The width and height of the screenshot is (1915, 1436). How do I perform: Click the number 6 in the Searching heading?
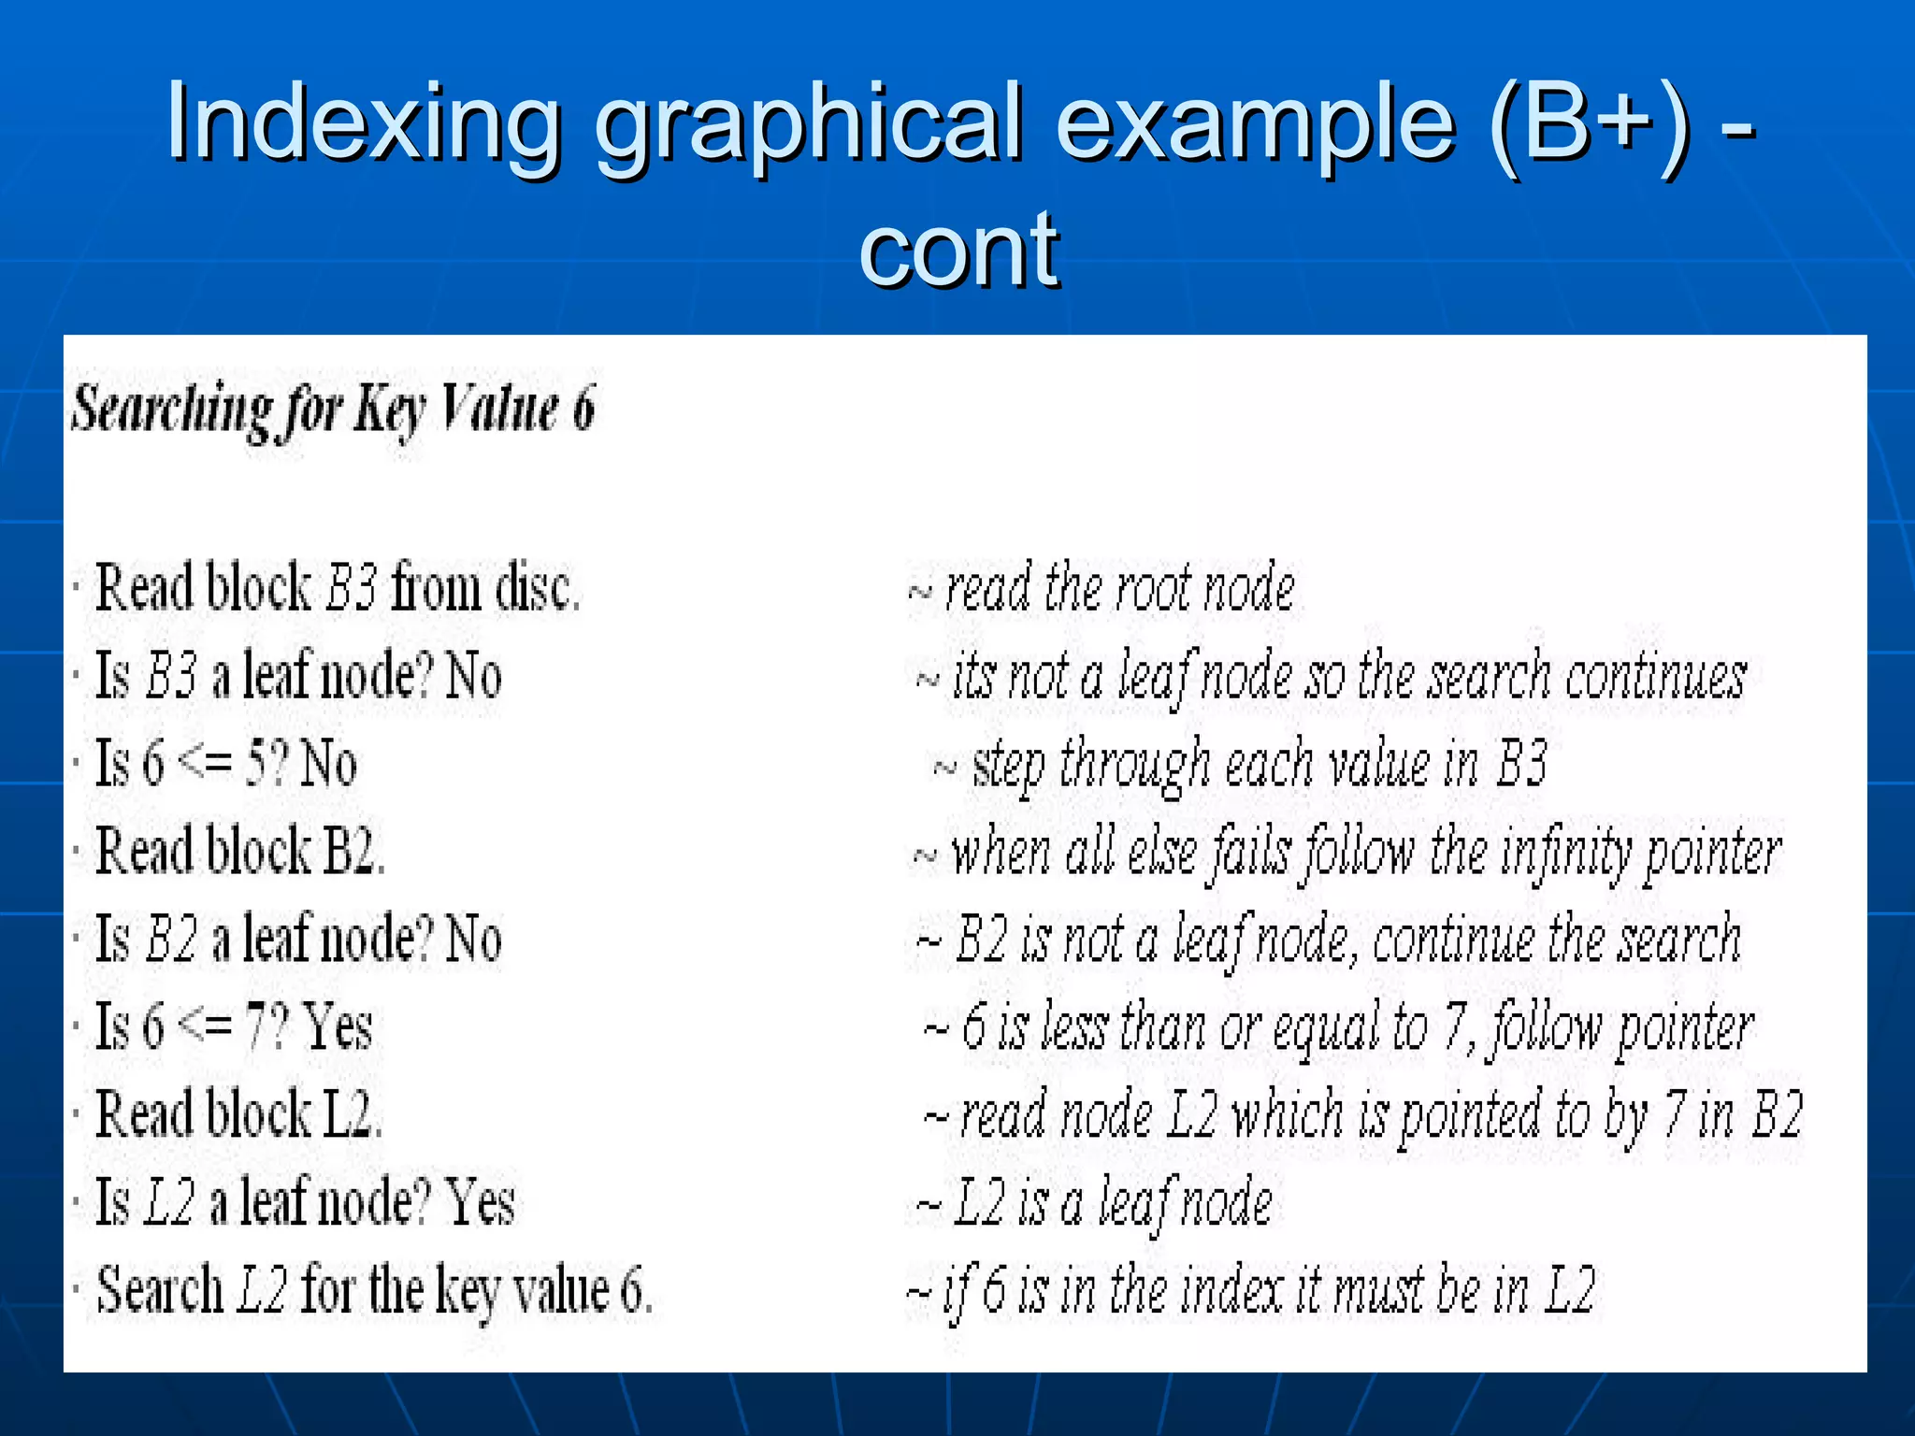tap(583, 409)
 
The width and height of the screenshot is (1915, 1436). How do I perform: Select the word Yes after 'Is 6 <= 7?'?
tap(338, 1027)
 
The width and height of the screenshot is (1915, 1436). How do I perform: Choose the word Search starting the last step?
tap(160, 1290)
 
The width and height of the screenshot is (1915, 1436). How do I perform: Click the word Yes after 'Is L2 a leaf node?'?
tap(480, 1202)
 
